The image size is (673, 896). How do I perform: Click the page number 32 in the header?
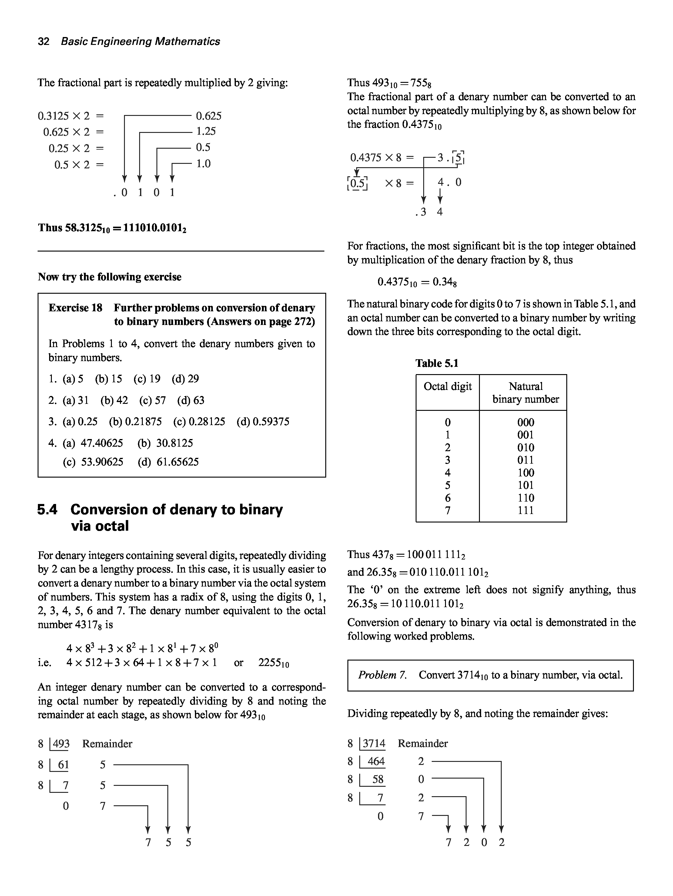(x=43, y=41)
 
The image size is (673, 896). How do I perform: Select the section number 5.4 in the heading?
(x=47, y=509)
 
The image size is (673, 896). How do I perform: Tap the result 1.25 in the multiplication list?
(x=206, y=131)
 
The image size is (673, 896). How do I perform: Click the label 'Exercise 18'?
(x=75, y=308)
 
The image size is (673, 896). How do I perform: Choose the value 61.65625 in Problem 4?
(x=178, y=462)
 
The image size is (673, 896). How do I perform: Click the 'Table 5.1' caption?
(x=437, y=363)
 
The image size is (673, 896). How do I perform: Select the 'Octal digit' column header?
(x=447, y=387)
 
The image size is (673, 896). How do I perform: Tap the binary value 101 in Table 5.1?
(x=525, y=485)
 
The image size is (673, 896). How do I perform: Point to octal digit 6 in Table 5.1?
(x=447, y=498)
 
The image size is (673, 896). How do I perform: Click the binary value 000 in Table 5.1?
(x=525, y=422)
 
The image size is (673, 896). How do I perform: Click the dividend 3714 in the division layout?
(x=374, y=743)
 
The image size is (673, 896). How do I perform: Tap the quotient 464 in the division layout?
(x=376, y=762)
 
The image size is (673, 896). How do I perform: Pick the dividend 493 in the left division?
(x=61, y=744)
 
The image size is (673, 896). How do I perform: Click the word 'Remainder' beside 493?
(x=107, y=744)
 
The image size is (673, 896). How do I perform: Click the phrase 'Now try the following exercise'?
(x=110, y=277)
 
